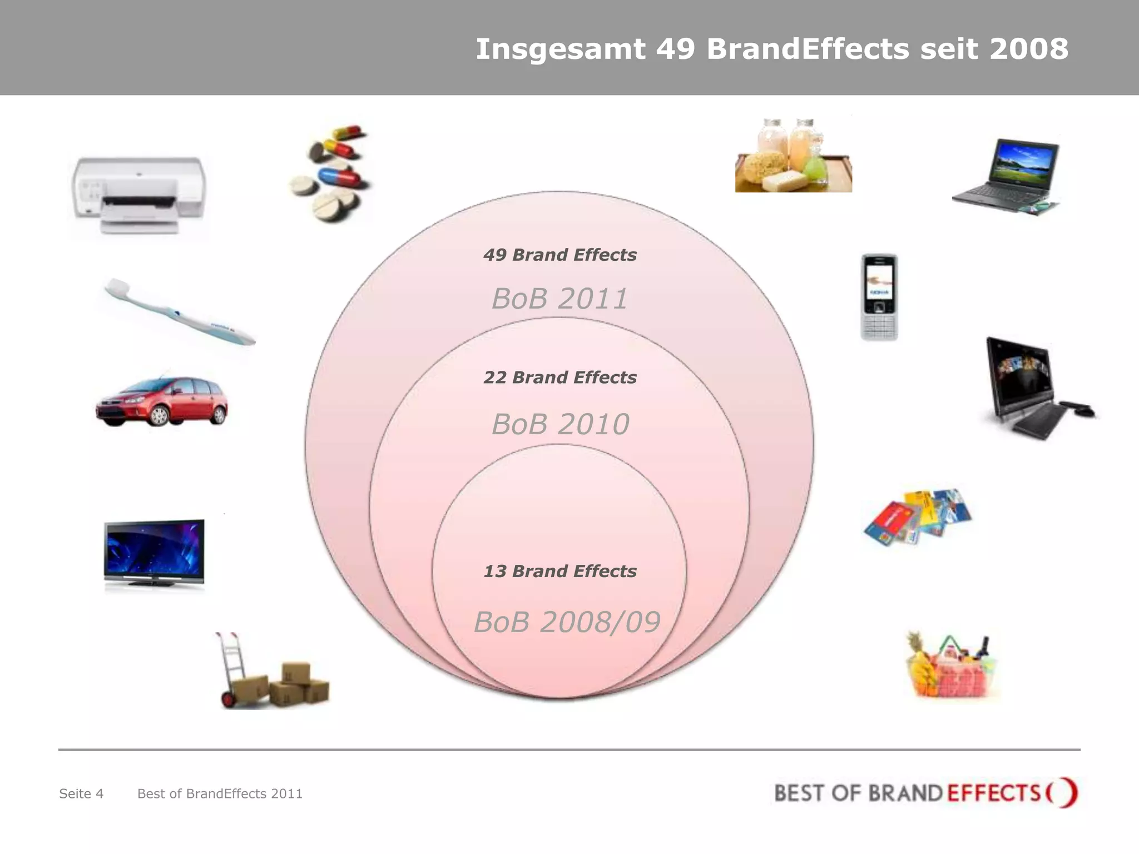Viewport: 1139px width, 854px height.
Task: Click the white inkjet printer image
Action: point(139,195)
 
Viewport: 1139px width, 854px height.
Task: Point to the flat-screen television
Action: point(154,553)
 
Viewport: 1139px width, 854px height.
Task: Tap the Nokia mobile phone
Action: point(879,297)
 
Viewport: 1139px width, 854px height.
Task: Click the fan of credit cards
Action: point(918,517)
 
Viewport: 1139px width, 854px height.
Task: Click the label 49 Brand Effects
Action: point(559,255)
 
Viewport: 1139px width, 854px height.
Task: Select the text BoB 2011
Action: point(559,299)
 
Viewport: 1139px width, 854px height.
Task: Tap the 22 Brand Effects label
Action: point(559,378)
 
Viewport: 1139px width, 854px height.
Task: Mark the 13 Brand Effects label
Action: point(559,571)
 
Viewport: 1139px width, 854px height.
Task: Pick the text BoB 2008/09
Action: point(567,622)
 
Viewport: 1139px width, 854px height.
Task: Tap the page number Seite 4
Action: point(81,793)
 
